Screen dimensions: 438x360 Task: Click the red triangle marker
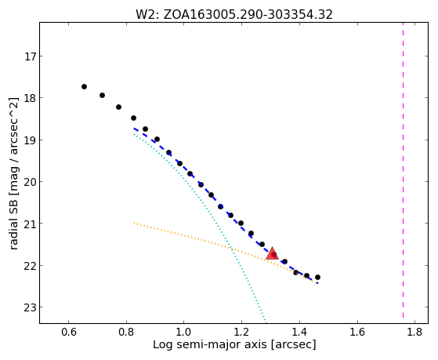pos(272,254)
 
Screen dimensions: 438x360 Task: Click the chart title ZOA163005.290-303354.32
pos(248,15)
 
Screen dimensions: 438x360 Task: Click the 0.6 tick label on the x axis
pos(68,332)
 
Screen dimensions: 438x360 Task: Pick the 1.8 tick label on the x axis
pos(414,332)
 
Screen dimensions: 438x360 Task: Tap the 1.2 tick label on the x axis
pos(241,332)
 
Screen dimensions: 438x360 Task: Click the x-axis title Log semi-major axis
pos(210,344)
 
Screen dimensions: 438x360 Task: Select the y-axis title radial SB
pos(13,223)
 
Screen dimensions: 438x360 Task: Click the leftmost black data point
pos(84,87)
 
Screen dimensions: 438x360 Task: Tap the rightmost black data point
pos(317,277)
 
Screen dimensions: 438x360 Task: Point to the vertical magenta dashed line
pos(403,170)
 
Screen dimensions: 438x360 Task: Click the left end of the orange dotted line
pos(134,223)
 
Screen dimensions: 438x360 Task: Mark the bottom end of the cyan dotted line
pos(266,322)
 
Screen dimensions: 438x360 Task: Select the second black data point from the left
pos(102,96)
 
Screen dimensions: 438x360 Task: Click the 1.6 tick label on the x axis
pos(357,332)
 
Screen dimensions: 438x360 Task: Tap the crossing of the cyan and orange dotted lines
pos(230,247)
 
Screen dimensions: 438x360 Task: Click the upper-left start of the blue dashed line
pos(134,129)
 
